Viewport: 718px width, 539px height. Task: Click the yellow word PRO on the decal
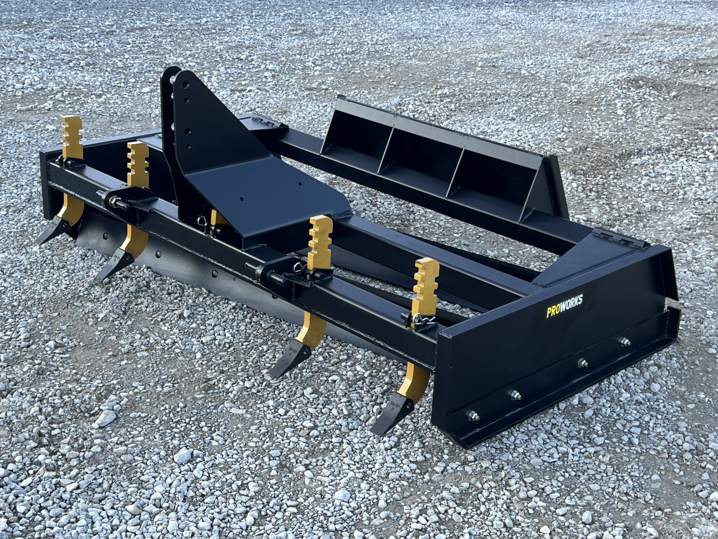pos(551,312)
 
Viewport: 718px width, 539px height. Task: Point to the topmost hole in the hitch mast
pos(186,84)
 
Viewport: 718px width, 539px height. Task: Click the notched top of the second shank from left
pos(138,164)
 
